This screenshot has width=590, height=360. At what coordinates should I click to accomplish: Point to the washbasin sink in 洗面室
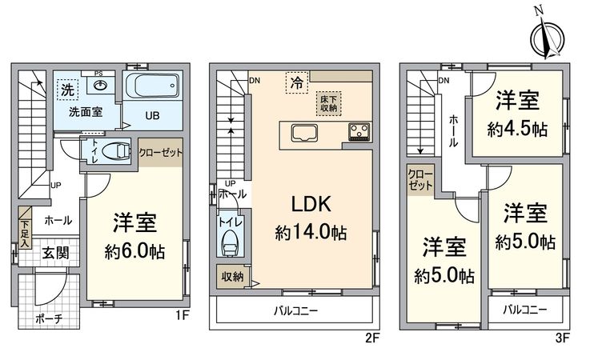click(x=101, y=86)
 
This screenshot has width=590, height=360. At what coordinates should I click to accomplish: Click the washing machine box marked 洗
click(x=66, y=90)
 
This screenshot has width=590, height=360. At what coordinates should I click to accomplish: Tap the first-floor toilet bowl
click(x=117, y=150)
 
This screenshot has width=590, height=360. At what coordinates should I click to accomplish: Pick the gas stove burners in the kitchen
click(x=356, y=131)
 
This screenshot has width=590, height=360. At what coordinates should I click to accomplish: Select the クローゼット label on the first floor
click(x=161, y=151)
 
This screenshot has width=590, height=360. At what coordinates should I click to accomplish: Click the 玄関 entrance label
click(x=56, y=254)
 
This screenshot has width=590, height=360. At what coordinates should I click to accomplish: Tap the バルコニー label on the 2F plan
click(x=295, y=310)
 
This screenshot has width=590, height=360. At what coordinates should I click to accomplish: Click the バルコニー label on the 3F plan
click(x=525, y=309)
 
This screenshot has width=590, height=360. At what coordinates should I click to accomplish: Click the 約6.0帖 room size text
click(x=134, y=250)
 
